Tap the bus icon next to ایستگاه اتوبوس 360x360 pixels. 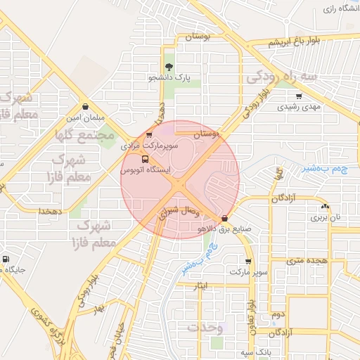tap(146, 160)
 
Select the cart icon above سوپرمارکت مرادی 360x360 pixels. tap(148, 134)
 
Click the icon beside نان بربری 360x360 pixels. tap(324, 207)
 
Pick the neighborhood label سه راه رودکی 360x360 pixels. tap(288, 75)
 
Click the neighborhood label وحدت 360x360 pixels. tap(205, 328)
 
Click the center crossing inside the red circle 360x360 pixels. tap(180, 184)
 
